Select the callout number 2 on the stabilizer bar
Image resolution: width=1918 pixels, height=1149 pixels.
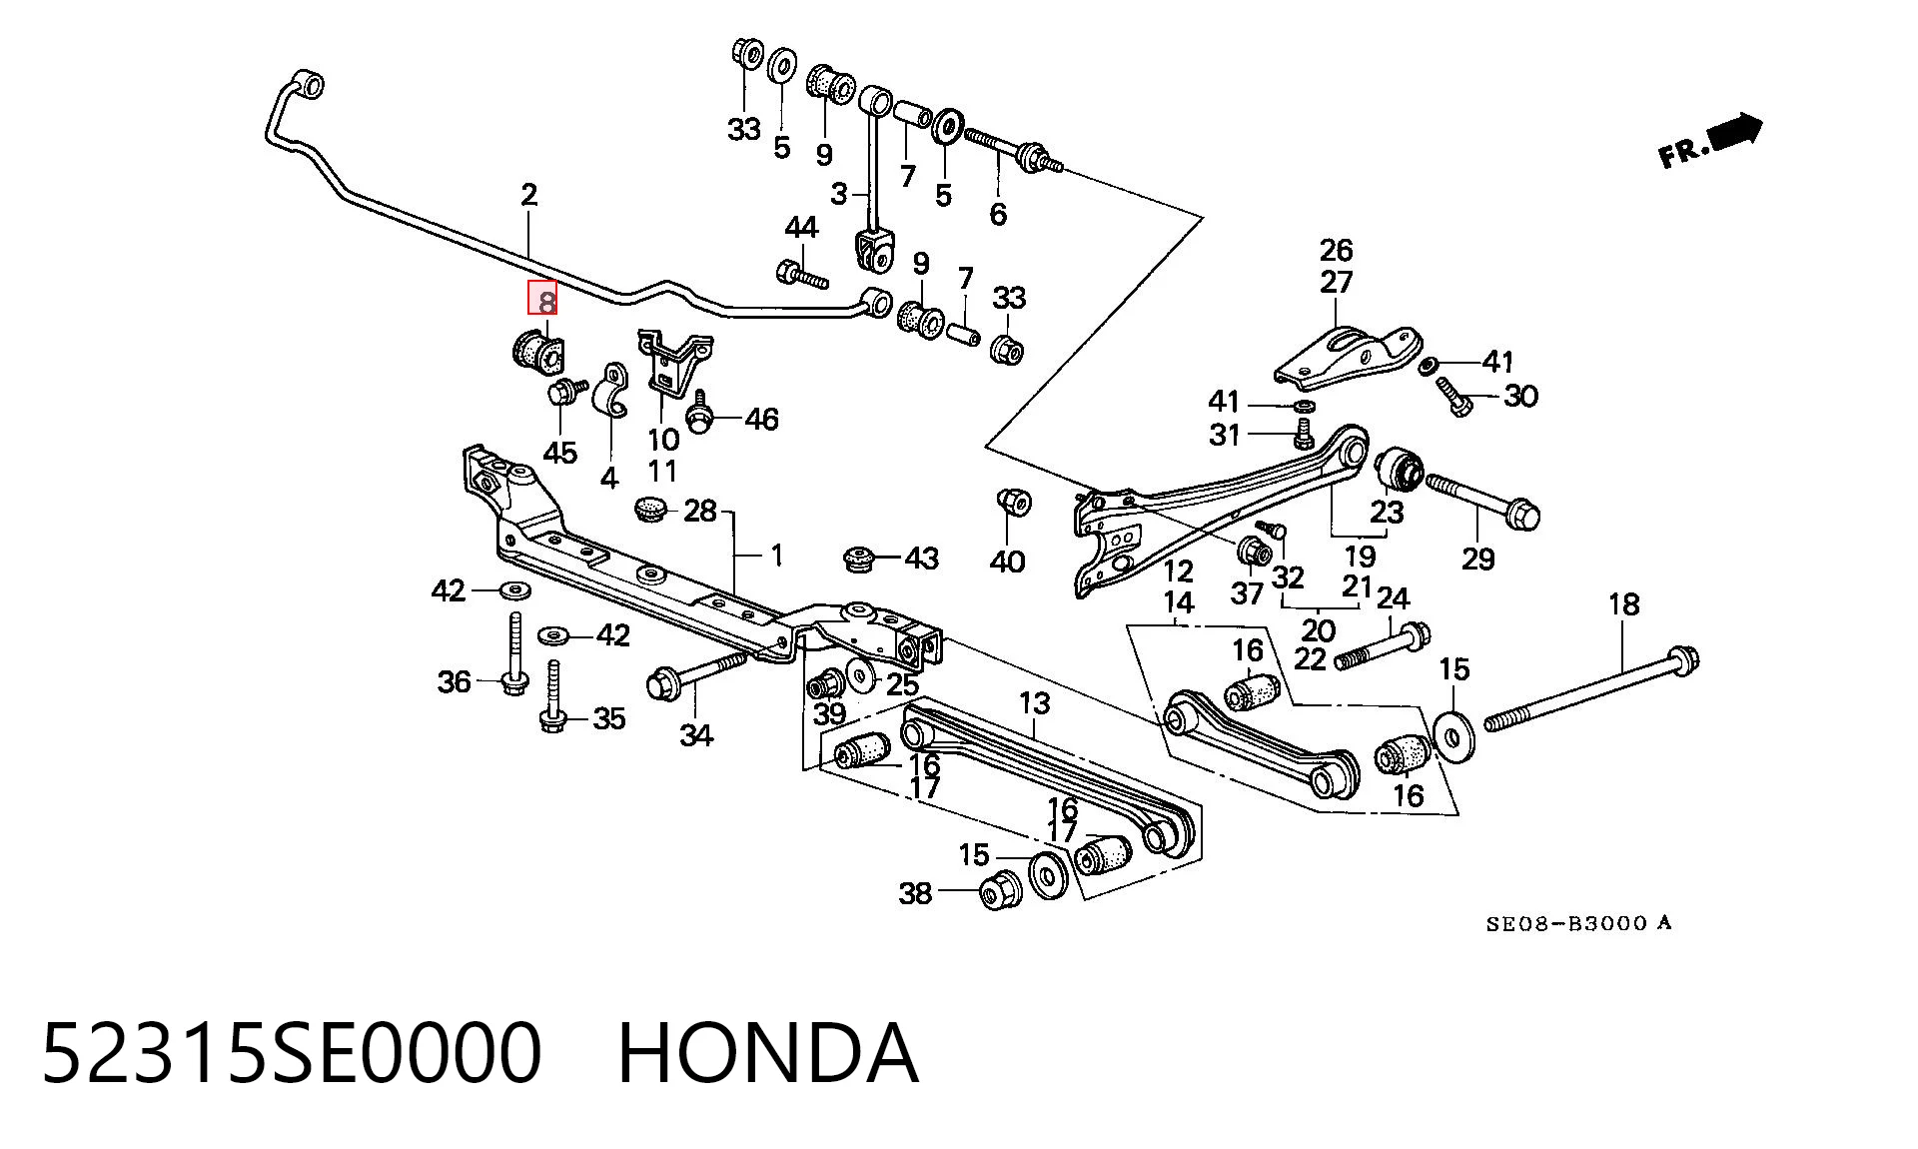click(x=528, y=195)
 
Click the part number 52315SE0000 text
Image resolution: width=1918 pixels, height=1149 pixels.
click(x=291, y=1053)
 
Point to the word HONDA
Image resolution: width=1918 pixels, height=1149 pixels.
click(x=767, y=1053)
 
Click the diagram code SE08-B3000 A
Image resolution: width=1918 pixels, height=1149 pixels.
click(x=1577, y=923)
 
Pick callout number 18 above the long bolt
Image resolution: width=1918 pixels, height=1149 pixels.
click(x=1623, y=604)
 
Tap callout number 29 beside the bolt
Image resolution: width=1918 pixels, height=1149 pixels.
click(x=1477, y=559)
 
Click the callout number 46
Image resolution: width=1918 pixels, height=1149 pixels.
click(x=761, y=420)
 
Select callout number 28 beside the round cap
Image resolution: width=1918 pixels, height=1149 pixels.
click(x=699, y=512)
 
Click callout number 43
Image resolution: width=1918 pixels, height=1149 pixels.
click(x=921, y=559)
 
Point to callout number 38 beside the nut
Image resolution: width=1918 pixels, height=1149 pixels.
click(x=915, y=893)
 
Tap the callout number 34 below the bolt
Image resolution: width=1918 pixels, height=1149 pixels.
click(x=696, y=735)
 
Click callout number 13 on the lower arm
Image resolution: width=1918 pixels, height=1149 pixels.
click(x=1034, y=703)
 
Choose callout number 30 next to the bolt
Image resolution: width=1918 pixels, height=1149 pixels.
click(x=1519, y=397)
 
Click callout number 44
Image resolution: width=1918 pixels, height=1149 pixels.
click(x=801, y=228)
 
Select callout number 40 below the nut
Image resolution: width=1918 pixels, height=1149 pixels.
click(x=1007, y=563)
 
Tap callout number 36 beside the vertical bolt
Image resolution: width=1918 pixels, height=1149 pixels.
click(x=454, y=682)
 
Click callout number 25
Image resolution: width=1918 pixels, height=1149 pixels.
click(x=902, y=684)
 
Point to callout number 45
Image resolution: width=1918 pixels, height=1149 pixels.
click(x=559, y=453)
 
